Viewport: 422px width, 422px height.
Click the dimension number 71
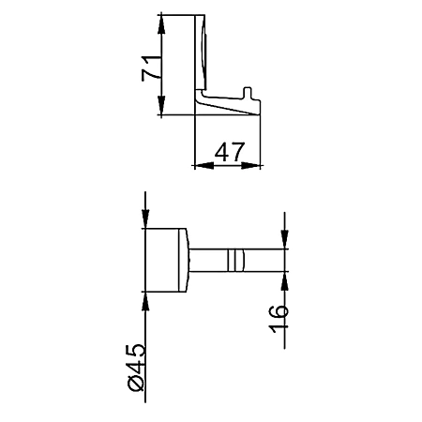pyautogui.click(x=151, y=68)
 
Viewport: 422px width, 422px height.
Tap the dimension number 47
pyautogui.click(x=230, y=152)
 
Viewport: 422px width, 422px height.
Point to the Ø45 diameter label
pyautogui.click(x=137, y=368)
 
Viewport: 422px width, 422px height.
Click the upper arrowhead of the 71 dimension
pyautogui.click(x=161, y=24)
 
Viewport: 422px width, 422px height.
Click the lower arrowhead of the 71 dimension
pyautogui.click(x=161, y=105)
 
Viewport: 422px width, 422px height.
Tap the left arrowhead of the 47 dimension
pyautogui.click(x=204, y=166)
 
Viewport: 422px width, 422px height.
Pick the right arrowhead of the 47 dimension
pyautogui.click(x=250, y=166)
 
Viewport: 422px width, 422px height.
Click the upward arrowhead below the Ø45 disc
pyautogui.click(x=145, y=301)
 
